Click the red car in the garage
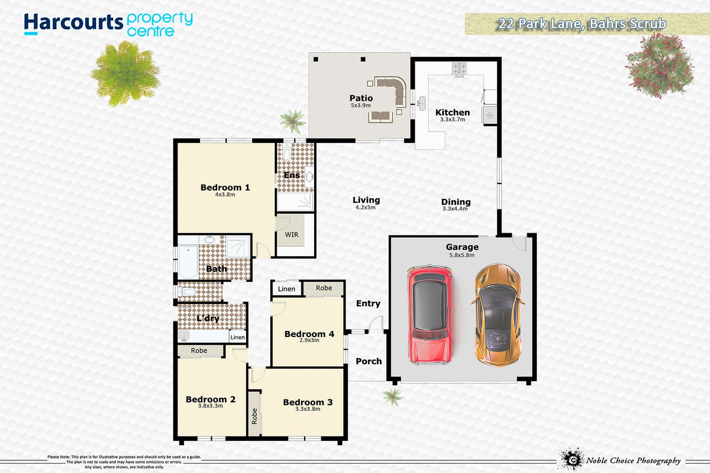tap(430, 314)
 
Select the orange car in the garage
tap(498, 315)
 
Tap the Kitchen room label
tap(452, 113)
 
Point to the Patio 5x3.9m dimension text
tap(361, 105)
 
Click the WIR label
tap(291, 235)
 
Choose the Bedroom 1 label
tap(225, 187)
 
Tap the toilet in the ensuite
tap(287, 152)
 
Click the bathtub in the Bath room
tap(188, 262)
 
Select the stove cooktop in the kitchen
tap(459, 69)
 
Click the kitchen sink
tap(422, 103)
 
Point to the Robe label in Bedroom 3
tap(254, 416)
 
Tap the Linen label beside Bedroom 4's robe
tap(286, 289)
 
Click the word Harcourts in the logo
tap(74, 23)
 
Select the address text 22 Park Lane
tap(540, 24)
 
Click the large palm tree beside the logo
tap(126, 73)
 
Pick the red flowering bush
tap(660, 66)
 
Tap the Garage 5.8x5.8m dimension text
tap(462, 255)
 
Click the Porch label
tap(369, 361)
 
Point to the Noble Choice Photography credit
tap(633, 460)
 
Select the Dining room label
tap(456, 202)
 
